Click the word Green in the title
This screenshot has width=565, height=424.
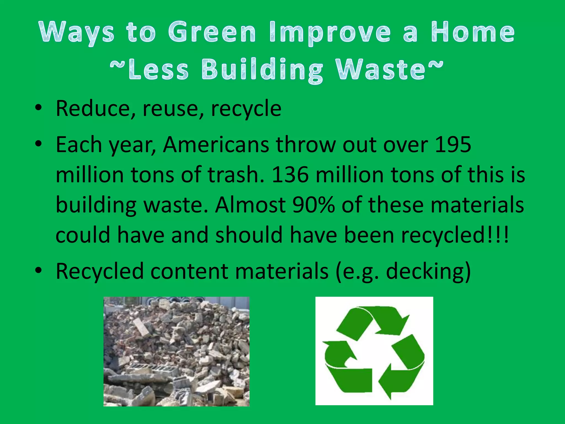coord(212,33)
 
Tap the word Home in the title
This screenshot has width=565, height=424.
coord(473,33)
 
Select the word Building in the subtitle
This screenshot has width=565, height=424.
coord(262,70)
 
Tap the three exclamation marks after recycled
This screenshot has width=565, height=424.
coord(498,235)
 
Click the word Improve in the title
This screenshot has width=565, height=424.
coord(330,33)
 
